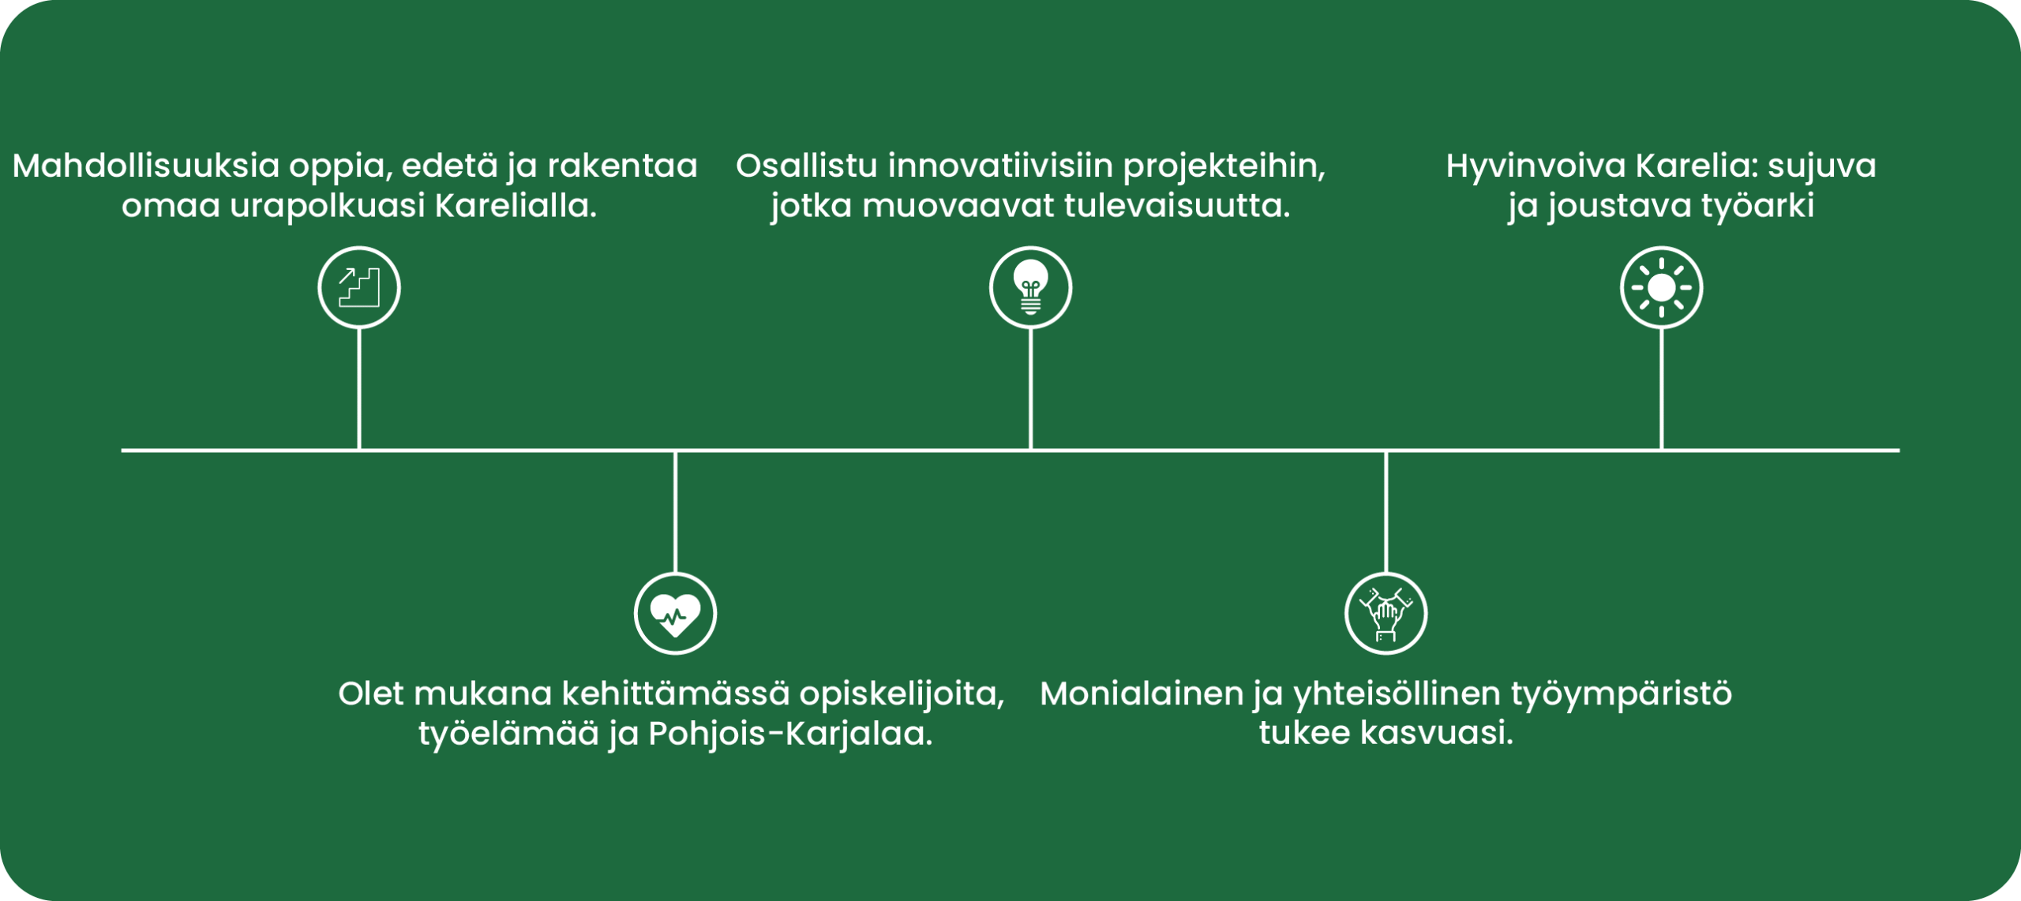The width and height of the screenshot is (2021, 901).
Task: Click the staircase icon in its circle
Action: tap(359, 287)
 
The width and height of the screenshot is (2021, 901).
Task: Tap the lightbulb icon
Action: tap(1030, 287)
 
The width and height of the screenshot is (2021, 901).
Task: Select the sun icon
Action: tap(1661, 287)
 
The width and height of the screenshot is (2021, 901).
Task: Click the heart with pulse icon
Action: tap(675, 614)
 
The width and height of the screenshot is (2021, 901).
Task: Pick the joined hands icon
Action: tap(1385, 614)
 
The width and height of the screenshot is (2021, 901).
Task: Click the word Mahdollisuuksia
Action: tap(147, 166)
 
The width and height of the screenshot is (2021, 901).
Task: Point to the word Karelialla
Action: tap(516, 206)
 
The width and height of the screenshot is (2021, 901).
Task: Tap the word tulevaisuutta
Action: tap(1177, 207)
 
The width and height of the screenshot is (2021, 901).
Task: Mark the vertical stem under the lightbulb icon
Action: tap(1030, 389)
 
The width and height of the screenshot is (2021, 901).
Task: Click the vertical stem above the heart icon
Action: tap(675, 512)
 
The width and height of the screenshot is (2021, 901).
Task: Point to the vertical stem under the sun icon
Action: tap(1661, 389)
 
